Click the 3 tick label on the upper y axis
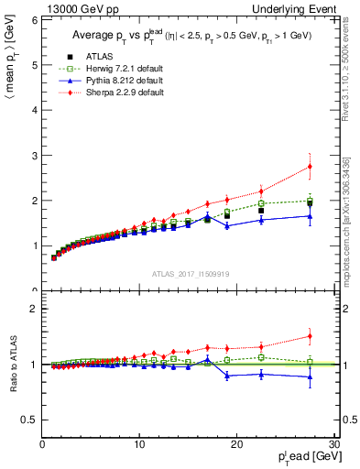(x=33, y=156)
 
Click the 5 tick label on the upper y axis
(x=33, y=65)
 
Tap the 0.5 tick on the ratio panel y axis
(x=28, y=420)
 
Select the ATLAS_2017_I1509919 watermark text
(x=189, y=273)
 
